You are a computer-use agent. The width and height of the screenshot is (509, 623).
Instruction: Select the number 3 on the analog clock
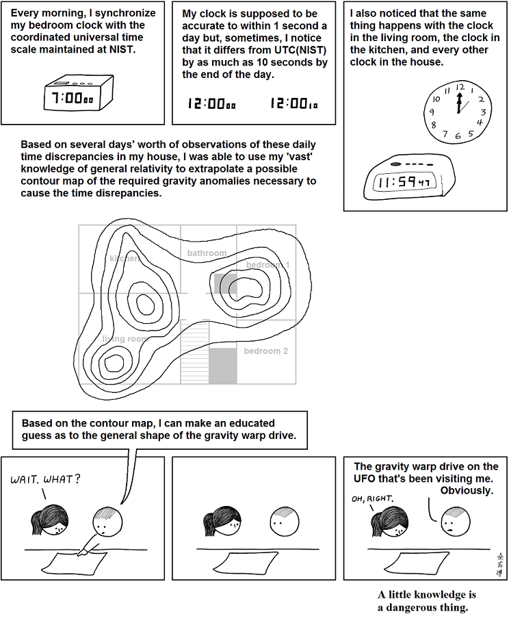tap(483, 112)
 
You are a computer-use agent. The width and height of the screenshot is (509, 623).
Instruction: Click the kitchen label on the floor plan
tap(125, 259)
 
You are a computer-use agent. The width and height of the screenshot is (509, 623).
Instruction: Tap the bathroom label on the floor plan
tap(207, 253)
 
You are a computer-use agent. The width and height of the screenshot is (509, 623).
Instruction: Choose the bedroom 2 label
tap(266, 351)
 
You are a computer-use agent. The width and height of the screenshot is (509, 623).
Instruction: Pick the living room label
tap(125, 339)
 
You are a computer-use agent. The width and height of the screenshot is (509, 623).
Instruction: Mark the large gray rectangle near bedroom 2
tap(222, 366)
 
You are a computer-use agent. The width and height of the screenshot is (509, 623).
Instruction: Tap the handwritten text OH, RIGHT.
tap(369, 499)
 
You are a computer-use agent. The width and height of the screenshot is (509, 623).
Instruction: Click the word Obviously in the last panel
tap(467, 491)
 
